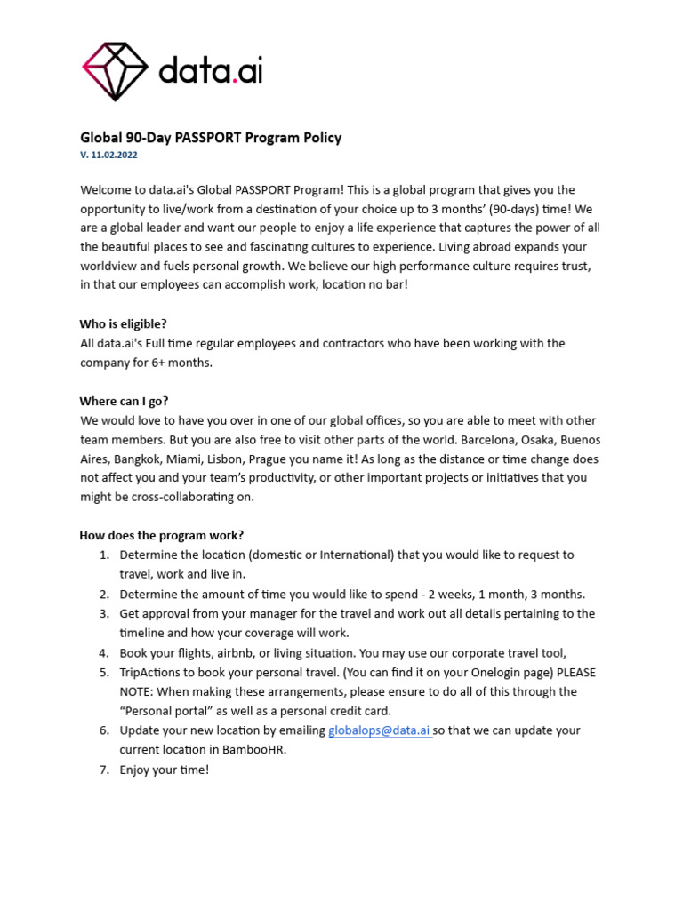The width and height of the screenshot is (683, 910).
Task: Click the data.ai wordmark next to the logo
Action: (x=211, y=70)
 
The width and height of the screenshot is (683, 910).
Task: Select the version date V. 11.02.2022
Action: (x=108, y=155)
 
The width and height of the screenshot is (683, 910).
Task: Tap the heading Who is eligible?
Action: (x=123, y=323)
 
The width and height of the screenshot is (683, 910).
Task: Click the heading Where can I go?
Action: (x=124, y=401)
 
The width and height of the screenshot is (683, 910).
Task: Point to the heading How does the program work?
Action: (x=162, y=535)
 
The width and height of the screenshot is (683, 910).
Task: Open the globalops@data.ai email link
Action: (x=380, y=730)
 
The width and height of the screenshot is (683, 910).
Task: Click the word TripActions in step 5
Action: (x=152, y=672)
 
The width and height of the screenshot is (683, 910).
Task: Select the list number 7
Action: (x=103, y=770)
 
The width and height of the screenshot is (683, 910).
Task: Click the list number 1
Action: (x=103, y=555)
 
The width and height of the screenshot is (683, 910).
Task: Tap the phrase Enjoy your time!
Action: (x=165, y=770)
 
